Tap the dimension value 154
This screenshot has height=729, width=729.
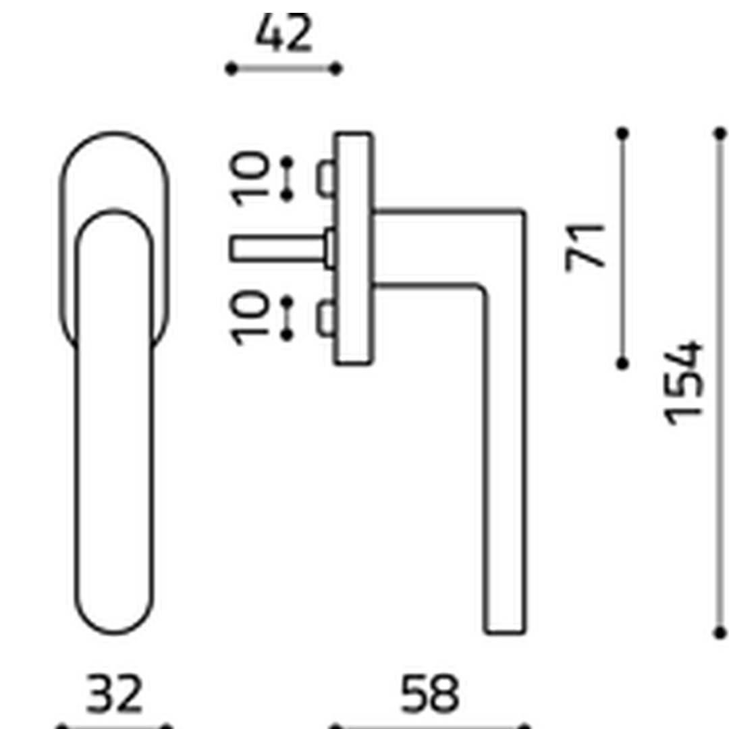point(682,383)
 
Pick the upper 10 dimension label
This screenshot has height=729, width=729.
point(250,179)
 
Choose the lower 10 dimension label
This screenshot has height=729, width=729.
point(250,318)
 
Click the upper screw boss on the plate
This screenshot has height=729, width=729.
point(325,178)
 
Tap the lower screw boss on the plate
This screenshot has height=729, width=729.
point(325,319)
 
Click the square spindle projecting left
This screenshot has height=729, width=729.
point(277,248)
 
